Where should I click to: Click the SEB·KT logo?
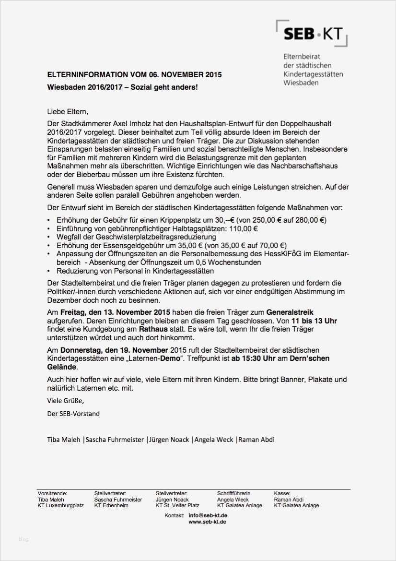tap(312, 34)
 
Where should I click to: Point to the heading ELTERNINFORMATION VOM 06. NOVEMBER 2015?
tap(134, 75)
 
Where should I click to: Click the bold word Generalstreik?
tap(290, 312)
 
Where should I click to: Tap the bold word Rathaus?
tap(153, 329)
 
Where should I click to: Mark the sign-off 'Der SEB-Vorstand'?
tap(73, 413)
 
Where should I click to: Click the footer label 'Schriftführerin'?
tap(233, 493)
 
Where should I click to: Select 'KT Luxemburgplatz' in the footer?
tap(60, 505)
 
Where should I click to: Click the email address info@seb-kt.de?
tap(208, 515)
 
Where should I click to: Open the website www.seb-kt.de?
tap(207, 522)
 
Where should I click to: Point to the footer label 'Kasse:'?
tap(281, 493)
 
